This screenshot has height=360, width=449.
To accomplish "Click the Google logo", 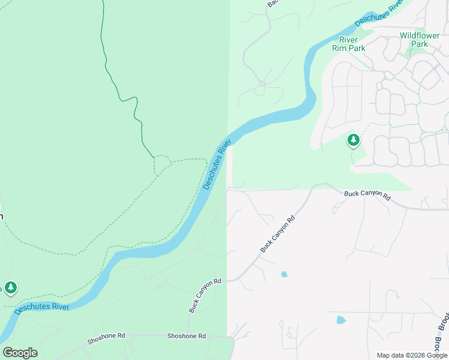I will click(x=20, y=352).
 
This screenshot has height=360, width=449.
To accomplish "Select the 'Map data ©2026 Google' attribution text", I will click(x=412, y=355).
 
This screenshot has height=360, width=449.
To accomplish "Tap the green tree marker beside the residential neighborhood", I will click(x=354, y=140).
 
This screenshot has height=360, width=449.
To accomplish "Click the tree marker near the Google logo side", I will click(x=10, y=287).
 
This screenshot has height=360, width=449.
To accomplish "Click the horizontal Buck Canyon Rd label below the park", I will click(x=367, y=196).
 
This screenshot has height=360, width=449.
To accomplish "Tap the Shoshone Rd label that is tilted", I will click(x=106, y=339).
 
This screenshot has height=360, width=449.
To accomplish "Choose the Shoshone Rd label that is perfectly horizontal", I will click(x=186, y=336).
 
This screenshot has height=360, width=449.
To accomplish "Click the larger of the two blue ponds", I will click(x=341, y=320).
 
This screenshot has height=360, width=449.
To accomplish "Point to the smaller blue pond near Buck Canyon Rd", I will click(x=284, y=274).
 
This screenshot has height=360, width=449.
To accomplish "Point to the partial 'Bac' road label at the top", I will click(x=274, y=4).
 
